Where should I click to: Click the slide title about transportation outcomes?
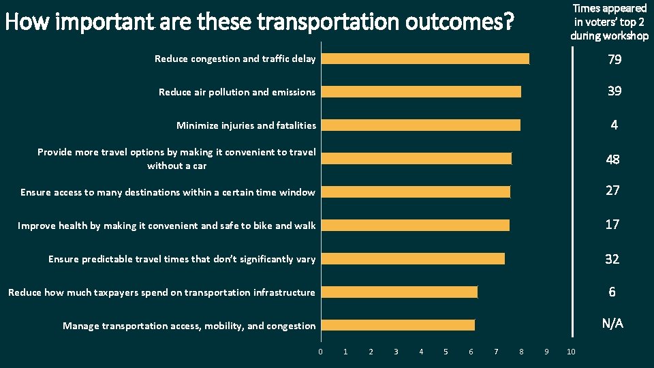(x=259, y=22)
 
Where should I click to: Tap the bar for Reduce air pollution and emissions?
(x=421, y=92)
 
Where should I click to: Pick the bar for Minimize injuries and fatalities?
(x=421, y=125)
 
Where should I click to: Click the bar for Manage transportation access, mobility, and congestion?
(x=398, y=325)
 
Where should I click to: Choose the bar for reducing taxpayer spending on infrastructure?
(x=399, y=292)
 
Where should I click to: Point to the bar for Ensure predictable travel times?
(x=413, y=258)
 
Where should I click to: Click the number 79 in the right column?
(x=614, y=60)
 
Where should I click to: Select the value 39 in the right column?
(x=614, y=91)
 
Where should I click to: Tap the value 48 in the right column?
(x=612, y=159)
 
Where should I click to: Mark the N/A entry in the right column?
(x=612, y=324)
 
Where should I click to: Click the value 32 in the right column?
(x=612, y=259)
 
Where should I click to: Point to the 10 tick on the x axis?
(x=571, y=352)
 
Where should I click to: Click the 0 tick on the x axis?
(x=320, y=352)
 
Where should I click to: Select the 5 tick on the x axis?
(x=446, y=352)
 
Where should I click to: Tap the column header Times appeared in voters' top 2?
(x=609, y=22)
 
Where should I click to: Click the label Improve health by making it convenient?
(x=167, y=226)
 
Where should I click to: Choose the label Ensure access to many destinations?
(x=168, y=192)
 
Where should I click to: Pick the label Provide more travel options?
(x=176, y=159)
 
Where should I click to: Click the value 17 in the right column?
(x=612, y=224)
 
